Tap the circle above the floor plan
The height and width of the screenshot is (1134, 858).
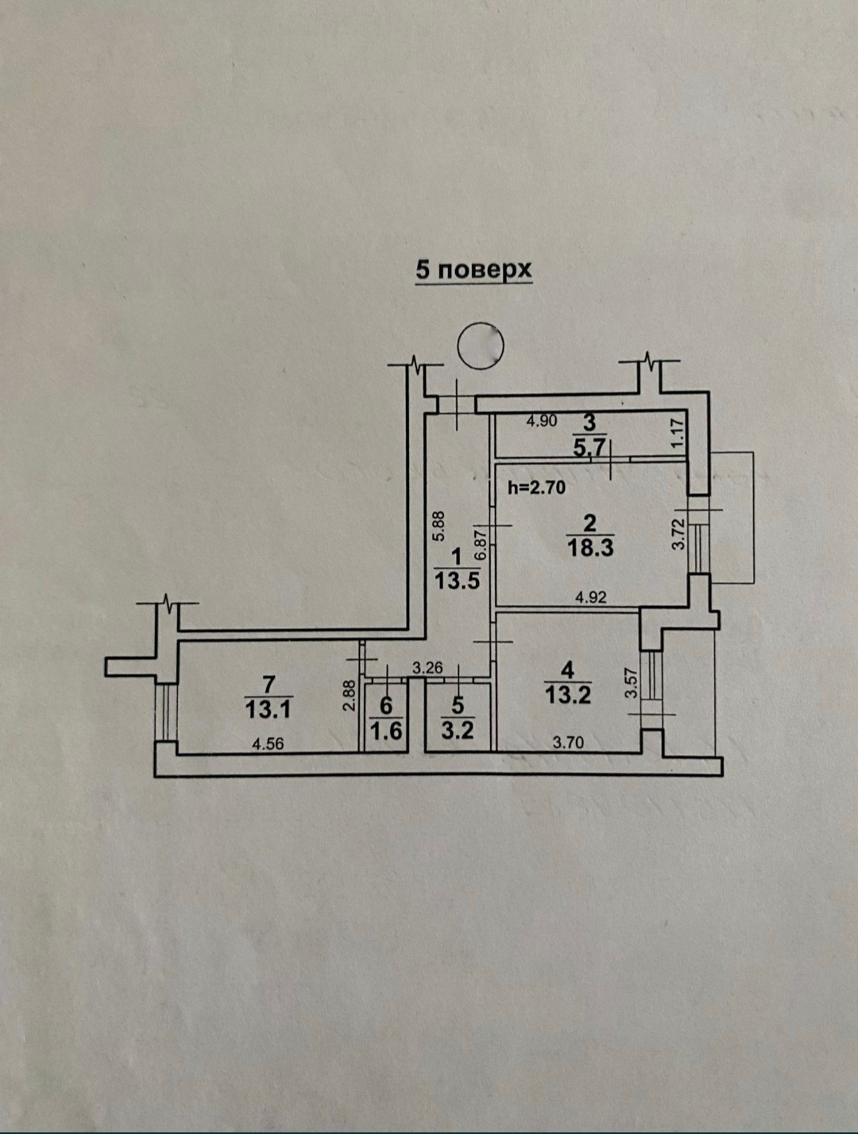pos(481,345)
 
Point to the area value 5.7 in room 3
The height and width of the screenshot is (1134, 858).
pos(589,448)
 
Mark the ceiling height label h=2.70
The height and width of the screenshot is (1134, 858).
pos(536,487)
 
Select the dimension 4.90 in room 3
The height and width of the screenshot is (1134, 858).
pos(542,422)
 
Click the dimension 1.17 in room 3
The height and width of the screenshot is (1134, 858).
pos(680,434)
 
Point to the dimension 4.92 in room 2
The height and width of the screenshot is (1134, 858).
pos(591,597)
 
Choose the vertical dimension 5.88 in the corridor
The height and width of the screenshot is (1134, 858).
pos(439,526)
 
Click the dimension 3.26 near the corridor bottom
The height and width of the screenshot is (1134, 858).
pos(427,668)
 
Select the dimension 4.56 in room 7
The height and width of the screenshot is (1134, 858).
pos(268,744)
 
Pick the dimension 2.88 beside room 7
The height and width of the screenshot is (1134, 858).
pos(350,695)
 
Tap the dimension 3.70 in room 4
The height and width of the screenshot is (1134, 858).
pos(568,743)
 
